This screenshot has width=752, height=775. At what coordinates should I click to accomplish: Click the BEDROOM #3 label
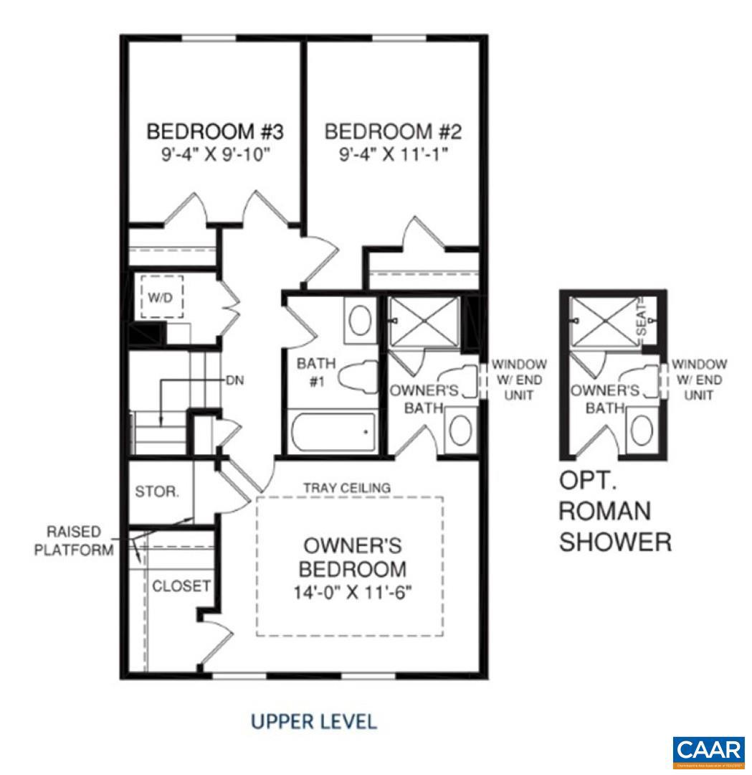point(216,132)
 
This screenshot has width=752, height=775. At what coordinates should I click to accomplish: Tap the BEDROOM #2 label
point(394,132)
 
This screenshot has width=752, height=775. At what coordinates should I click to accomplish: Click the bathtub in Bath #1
point(333,431)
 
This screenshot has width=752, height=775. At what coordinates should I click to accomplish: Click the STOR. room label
point(157,493)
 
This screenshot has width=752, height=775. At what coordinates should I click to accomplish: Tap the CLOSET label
point(181,586)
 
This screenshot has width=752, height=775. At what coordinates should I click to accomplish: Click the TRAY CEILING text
point(348,488)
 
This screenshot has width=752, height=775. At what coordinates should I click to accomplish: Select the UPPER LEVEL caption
point(313,721)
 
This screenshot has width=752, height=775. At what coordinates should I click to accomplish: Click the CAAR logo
point(709,751)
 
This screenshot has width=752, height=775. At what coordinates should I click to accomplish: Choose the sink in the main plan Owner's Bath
point(459,430)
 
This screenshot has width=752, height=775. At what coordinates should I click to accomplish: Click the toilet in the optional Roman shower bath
point(639,382)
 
